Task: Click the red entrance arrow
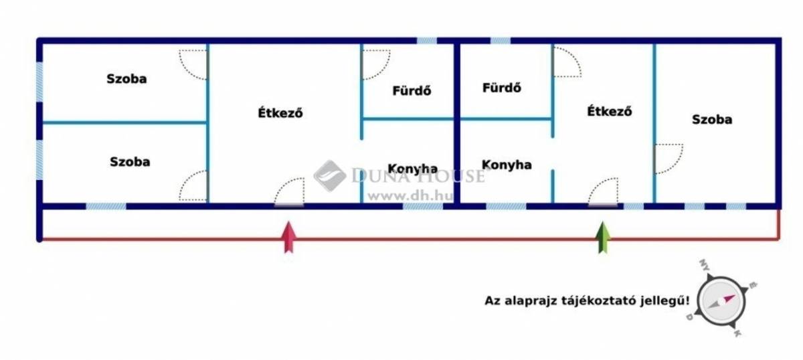[x=289, y=238]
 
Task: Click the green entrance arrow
[x=603, y=238]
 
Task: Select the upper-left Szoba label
[x=126, y=79]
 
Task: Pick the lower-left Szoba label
[x=130, y=162]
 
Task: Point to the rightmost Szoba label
[x=712, y=119]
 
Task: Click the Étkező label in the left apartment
[x=280, y=113]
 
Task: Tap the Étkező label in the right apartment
[x=610, y=111]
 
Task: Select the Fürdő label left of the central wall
[x=412, y=90]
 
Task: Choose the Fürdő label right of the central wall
[x=501, y=88]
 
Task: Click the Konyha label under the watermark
[x=413, y=169]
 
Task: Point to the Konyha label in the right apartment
[x=507, y=165]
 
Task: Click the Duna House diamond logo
[x=330, y=176]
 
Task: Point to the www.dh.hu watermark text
[x=410, y=196]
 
